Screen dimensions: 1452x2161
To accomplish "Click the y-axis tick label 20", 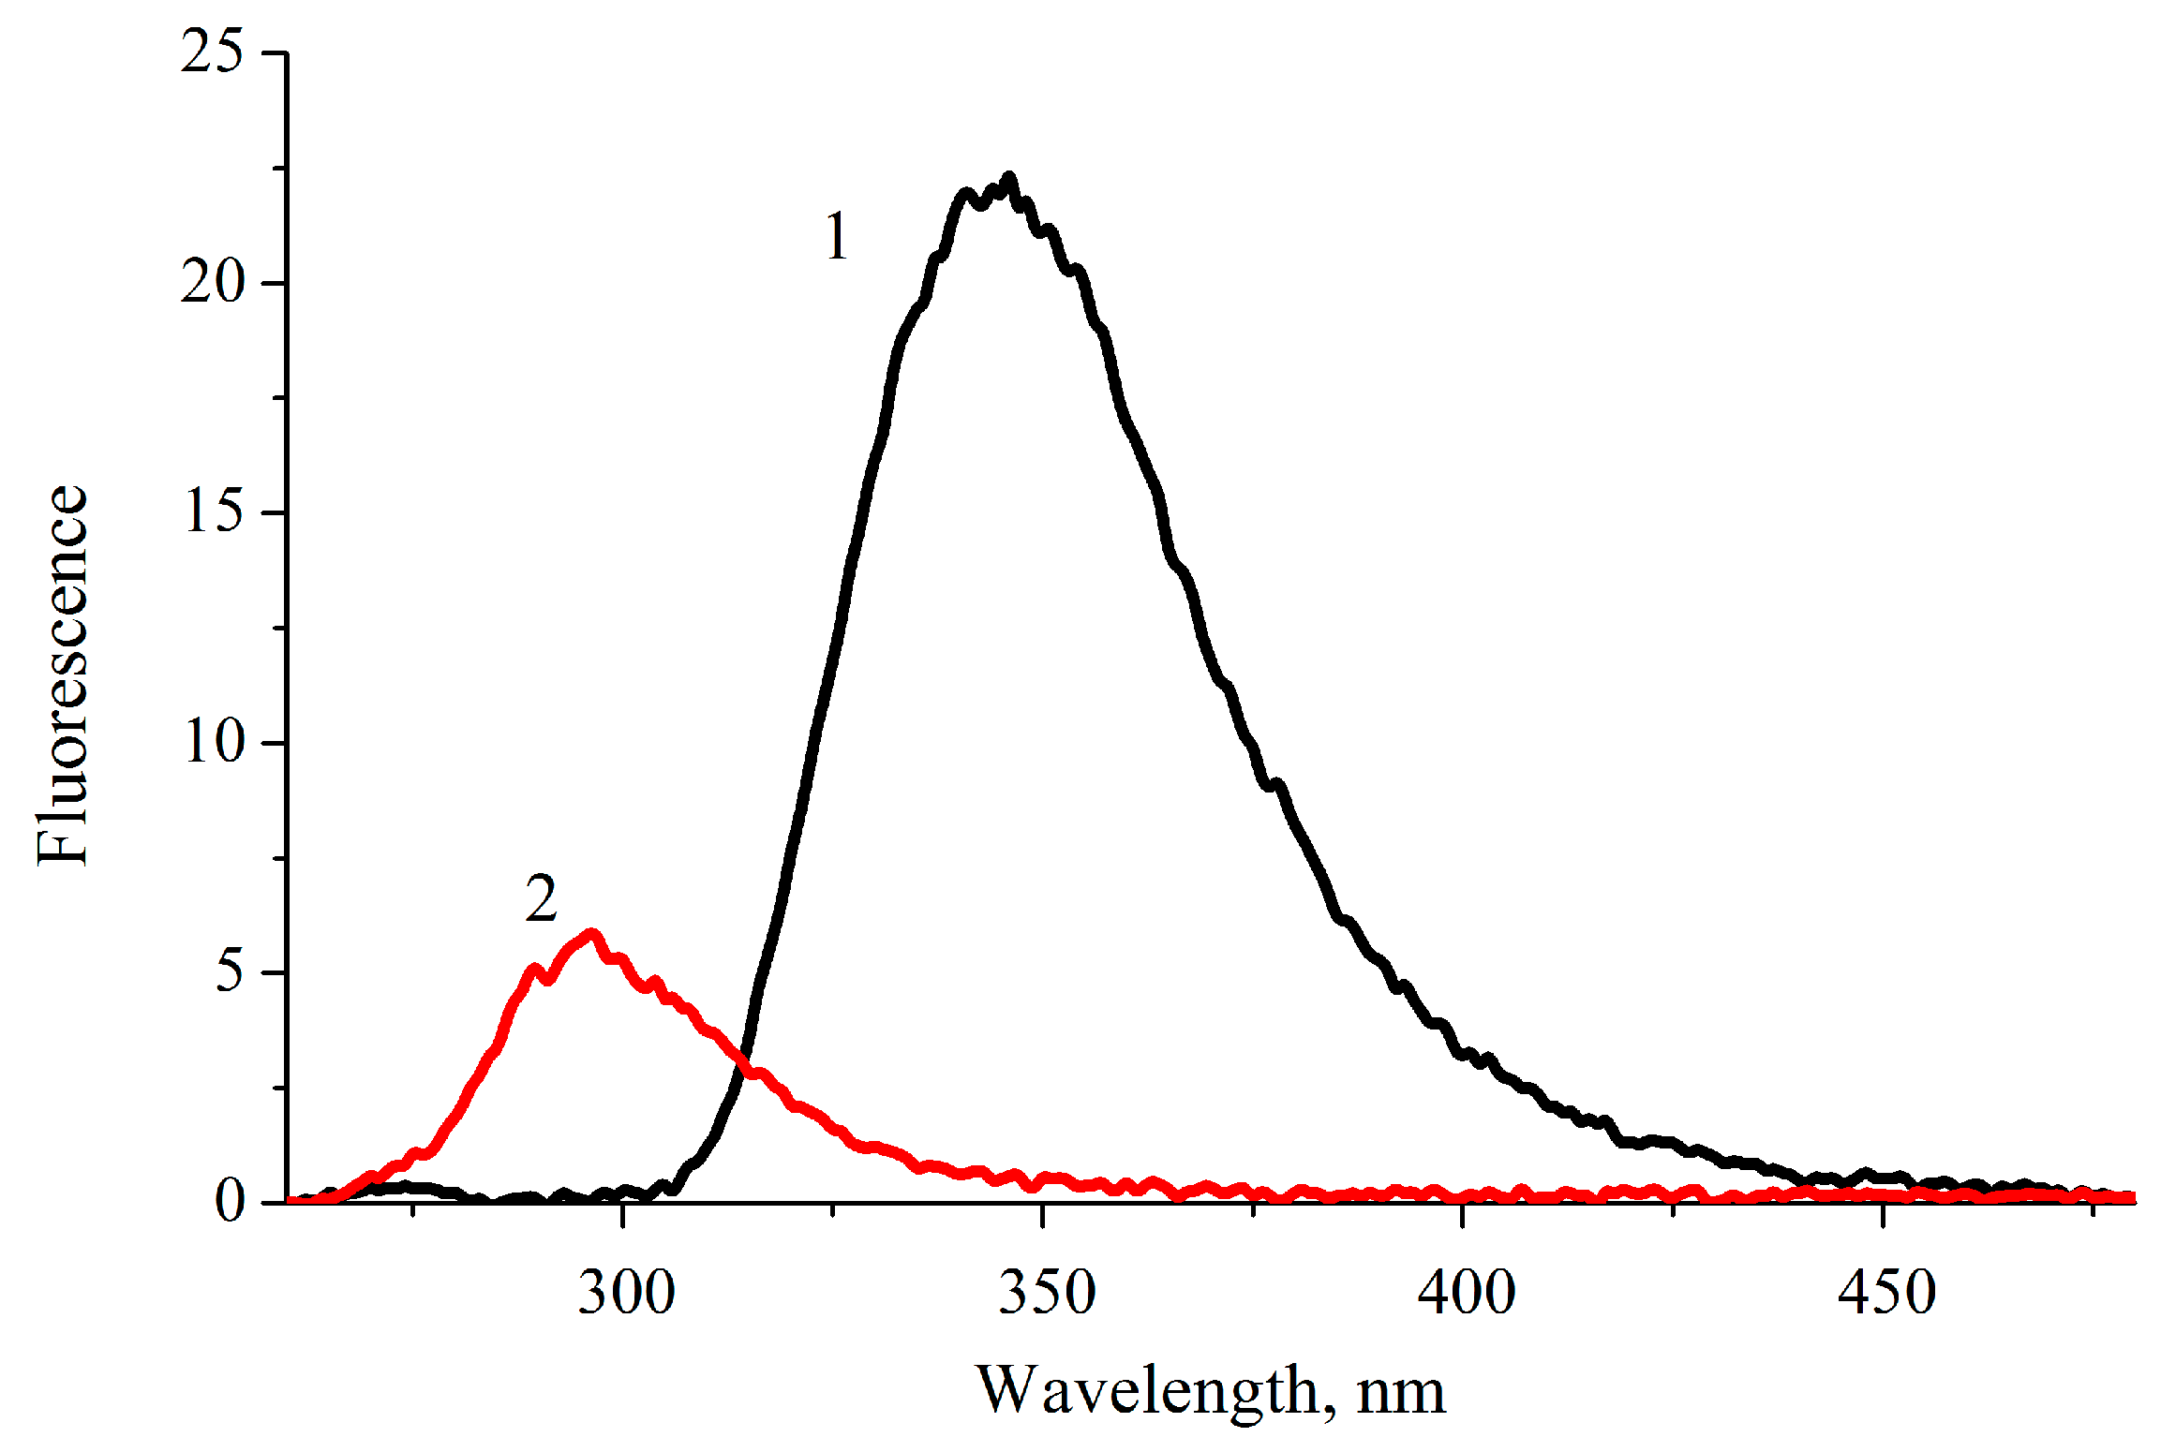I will (212, 281).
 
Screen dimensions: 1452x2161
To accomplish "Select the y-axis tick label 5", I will (229, 971).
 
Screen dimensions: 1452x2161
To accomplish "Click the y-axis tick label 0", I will (229, 1201).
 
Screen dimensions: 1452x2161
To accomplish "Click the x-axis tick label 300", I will (625, 1293).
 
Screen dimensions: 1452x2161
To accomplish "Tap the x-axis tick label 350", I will (1046, 1293).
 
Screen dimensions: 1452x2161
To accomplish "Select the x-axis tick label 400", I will (1466, 1293).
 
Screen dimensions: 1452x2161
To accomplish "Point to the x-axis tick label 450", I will (1885, 1293).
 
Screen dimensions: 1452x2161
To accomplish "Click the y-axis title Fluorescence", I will (62, 674).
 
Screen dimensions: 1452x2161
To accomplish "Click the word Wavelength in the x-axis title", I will (1147, 1392).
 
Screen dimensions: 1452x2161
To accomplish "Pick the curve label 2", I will (541, 899).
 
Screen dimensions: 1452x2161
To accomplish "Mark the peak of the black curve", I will (1008, 178).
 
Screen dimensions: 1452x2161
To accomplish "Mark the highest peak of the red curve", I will (591, 934).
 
